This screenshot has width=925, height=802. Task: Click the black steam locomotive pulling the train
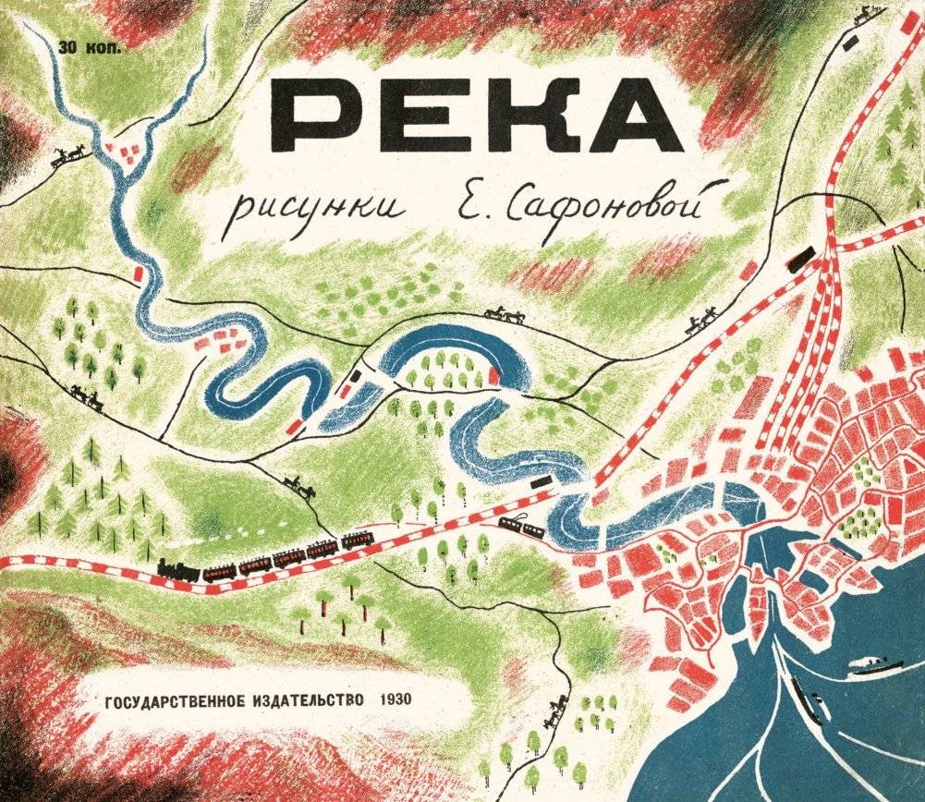coord(178,571)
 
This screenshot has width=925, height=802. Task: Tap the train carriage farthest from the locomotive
coord(357,540)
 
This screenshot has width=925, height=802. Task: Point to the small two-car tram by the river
coord(520,527)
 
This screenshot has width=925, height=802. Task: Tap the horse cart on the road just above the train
coord(299,486)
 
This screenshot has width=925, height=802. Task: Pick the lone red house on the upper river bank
coord(140,273)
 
